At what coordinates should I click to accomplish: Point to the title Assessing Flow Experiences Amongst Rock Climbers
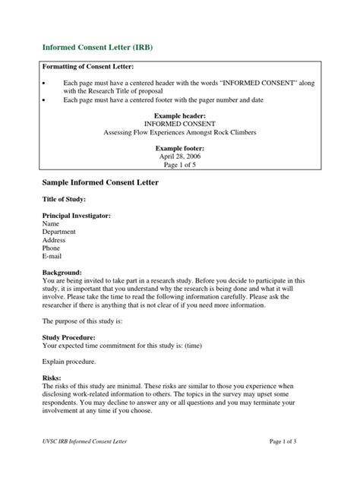click(181, 131)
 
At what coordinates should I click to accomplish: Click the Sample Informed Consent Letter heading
click(100, 184)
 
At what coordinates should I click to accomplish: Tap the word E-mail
click(53, 257)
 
